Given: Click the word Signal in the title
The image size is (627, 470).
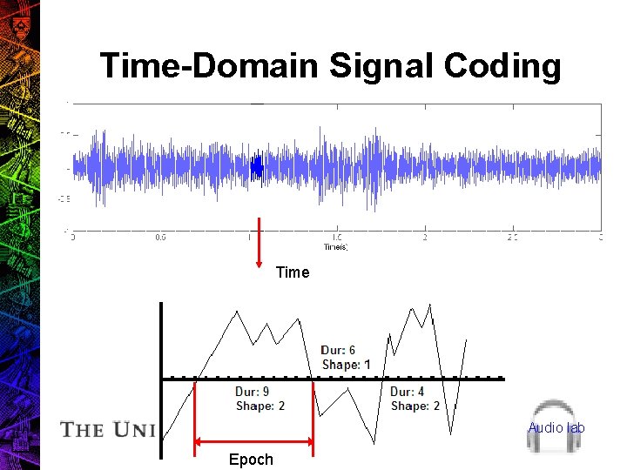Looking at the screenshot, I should tap(381, 67).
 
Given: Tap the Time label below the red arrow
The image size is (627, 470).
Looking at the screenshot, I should tap(293, 272).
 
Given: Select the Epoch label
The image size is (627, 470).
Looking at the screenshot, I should tap(251, 460).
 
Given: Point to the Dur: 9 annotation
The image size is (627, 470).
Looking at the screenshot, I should tap(252, 392).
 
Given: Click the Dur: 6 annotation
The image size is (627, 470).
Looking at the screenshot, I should tap(338, 351).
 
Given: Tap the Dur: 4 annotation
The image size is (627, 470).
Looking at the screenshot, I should tap(408, 392).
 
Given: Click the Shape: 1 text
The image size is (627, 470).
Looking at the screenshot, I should tap(346, 365).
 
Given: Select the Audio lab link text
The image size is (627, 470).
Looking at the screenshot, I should tap(556, 427).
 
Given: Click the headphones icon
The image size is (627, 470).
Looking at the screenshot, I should tap(556, 426).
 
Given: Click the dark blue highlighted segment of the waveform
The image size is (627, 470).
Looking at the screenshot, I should tap(256, 168).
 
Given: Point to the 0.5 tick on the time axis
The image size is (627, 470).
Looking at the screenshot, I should tap(161, 237).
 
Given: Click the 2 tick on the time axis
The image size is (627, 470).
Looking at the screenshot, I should tap(425, 237).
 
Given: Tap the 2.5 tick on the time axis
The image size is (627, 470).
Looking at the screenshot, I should tap(512, 237).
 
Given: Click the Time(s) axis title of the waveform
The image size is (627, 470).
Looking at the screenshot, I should tap(335, 247).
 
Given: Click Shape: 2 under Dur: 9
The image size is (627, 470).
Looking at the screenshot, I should tap(260, 406).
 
